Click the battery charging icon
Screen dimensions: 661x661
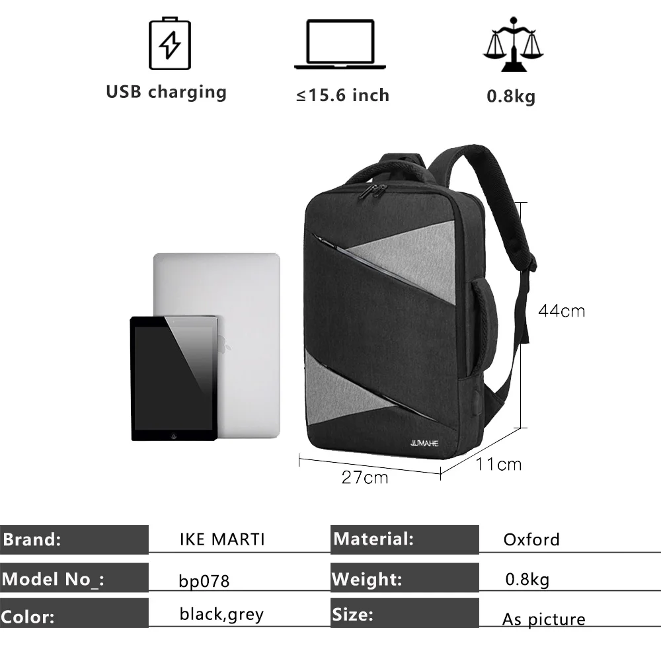(x=170, y=44)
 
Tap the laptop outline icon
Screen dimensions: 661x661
(x=339, y=44)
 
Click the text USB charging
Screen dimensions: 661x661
(x=166, y=91)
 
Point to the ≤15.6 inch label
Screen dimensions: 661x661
(x=342, y=95)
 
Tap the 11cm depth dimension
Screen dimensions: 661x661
(x=498, y=464)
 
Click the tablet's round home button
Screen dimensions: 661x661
(x=174, y=435)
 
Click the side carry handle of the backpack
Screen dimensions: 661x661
(x=486, y=324)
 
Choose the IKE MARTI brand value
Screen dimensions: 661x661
(x=222, y=539)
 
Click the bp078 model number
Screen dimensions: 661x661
(x=204, y=581)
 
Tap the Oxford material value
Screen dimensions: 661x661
(x=531, y=539)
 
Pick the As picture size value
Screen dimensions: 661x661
(x=543, y=619)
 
